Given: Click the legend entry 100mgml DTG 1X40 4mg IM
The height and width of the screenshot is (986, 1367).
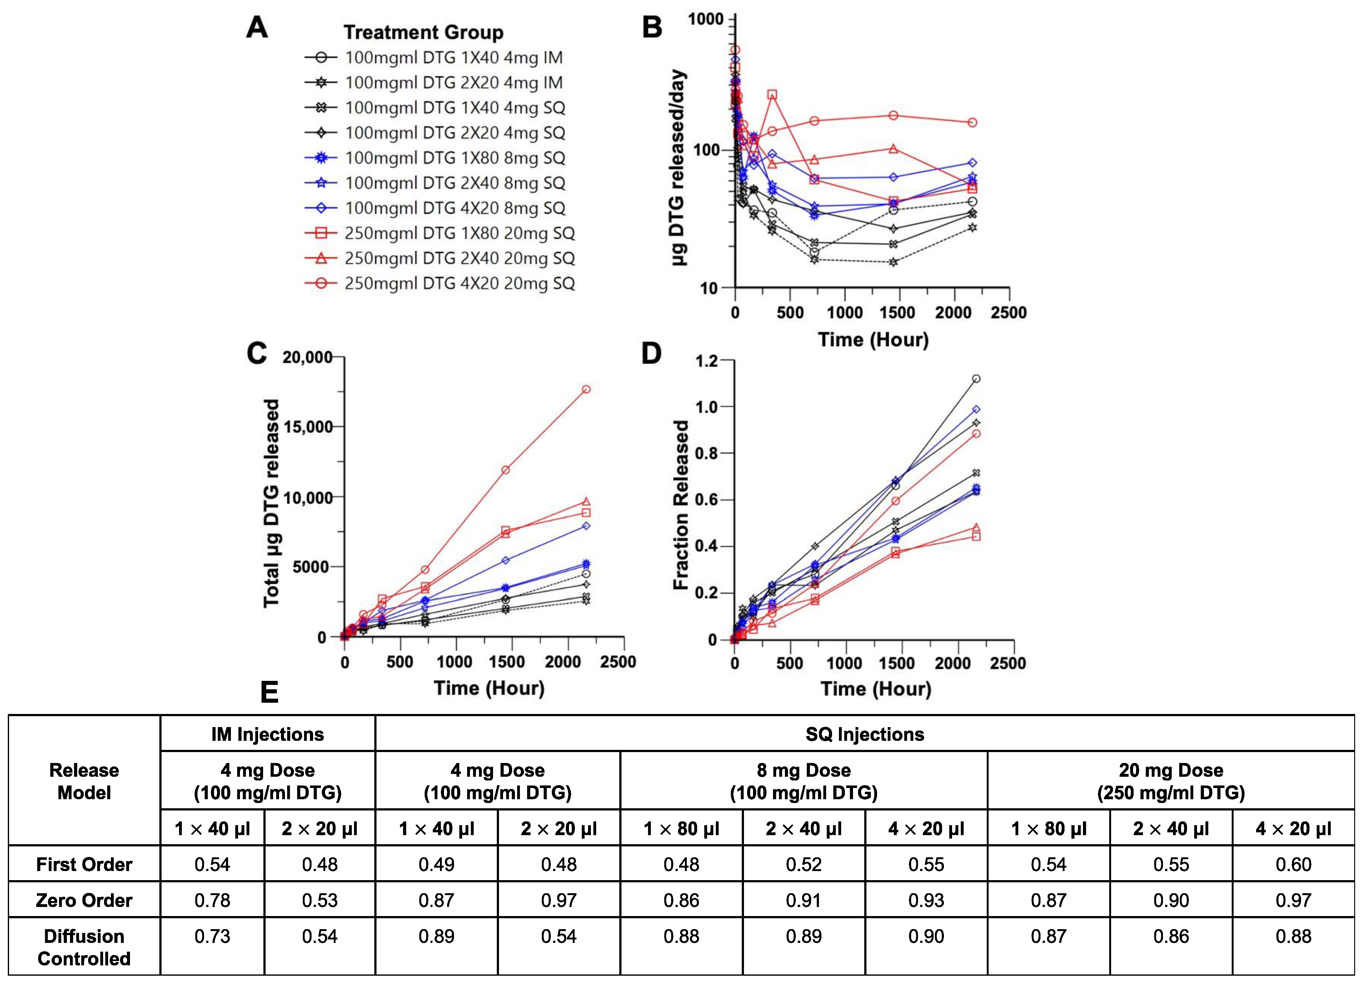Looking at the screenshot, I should [453, 58].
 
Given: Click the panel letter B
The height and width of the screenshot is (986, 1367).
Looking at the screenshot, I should [652, 28].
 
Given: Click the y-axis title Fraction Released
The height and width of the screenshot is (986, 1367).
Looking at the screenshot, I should [681, 505].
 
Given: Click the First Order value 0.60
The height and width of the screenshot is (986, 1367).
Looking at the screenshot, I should [1294, 864].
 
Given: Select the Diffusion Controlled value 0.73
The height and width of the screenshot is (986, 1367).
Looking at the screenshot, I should [212, 936].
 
